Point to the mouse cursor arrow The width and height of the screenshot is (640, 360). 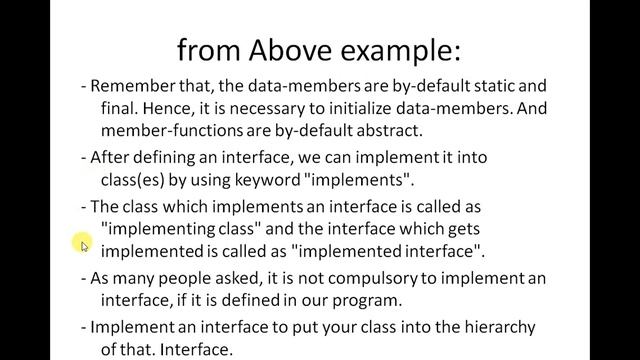tap(85, 245)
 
